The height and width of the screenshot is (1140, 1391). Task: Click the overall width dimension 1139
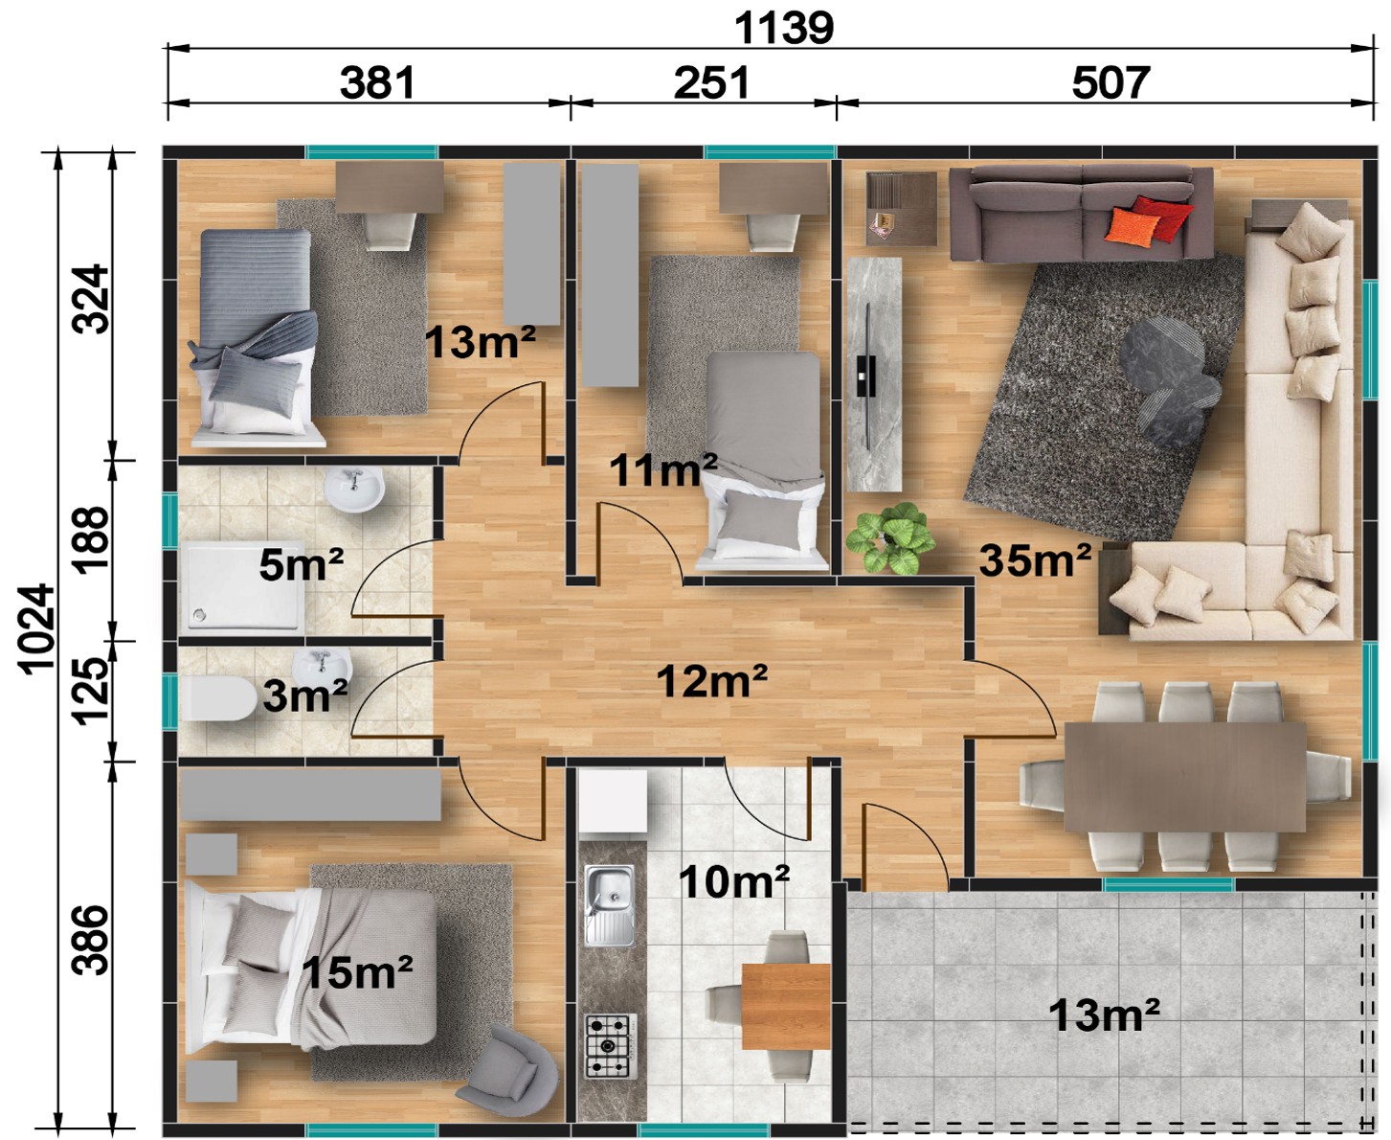click(784, 28)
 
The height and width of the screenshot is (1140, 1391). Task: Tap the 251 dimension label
click(711, 82)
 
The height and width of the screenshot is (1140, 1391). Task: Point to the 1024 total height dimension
click(36, 628)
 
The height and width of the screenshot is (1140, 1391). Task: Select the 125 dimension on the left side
click(91, 691)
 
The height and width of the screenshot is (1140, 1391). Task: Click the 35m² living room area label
click(1036, 560)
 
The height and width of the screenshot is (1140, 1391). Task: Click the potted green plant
click(889, 537)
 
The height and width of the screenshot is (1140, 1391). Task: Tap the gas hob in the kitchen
click(612, 1046)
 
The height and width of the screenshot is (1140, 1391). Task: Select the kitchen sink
click(610, 905)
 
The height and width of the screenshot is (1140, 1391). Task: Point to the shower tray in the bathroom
click(245, 585)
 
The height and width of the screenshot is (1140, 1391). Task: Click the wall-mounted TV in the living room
click(866, 376)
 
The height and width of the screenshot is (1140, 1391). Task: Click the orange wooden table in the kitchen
click(786, 1006)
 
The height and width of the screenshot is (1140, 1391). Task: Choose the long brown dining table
click(1184, 777)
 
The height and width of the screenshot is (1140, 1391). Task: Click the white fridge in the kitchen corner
click(613, 801)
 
